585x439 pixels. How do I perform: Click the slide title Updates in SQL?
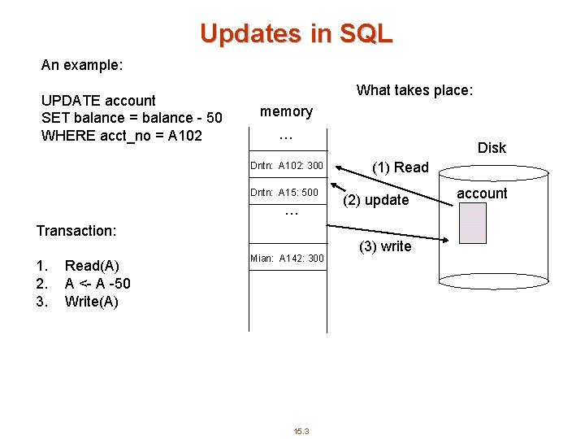coord(296,33)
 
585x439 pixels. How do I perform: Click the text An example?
coord(81,63)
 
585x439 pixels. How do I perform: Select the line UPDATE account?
coord(98,100)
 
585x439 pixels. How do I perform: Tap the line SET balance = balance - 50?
coord(131,118)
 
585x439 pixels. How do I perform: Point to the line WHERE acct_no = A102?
coord(121,135)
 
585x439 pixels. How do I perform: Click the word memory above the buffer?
coord(286,111)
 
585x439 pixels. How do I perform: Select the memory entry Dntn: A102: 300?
coord(287,166)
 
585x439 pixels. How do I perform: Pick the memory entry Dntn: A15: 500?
coord(284,193)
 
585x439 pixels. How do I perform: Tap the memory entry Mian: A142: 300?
coord(287,259)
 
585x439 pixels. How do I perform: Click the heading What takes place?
coord(414,90)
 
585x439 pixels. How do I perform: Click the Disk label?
coord(492,148)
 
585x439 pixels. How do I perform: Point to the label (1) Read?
coord(400,167)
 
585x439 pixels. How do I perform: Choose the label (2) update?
coord(375,200)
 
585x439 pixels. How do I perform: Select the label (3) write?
coord(385,246)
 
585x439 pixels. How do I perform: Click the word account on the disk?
coord(482,193)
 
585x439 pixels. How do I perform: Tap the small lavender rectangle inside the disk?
coord(472,223)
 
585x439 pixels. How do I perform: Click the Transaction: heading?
coord(76,231)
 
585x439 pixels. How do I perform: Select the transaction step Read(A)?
coord(92,266)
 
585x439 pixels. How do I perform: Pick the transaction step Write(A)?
coord(91,302)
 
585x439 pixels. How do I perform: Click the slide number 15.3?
coord(301,431)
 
